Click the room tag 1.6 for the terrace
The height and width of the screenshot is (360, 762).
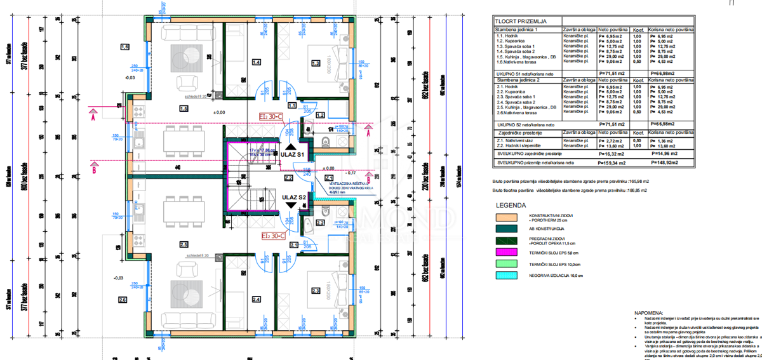[124, 48]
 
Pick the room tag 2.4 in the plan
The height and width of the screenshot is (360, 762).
[257, 300]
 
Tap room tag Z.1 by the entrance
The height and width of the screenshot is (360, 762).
[329, 178]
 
